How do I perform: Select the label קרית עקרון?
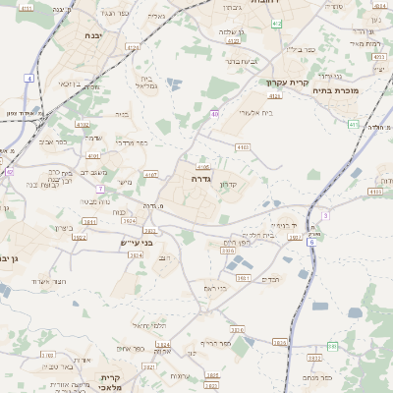coord(288,83)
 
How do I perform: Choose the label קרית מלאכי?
coord(110,382)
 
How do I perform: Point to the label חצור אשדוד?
coord(46,282)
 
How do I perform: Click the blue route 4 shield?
coord(29,78)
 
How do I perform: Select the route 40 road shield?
coord(214,114)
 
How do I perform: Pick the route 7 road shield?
coord(100,188)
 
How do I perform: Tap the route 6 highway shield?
coord(310,242)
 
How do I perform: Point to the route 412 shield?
coord(276,23)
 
